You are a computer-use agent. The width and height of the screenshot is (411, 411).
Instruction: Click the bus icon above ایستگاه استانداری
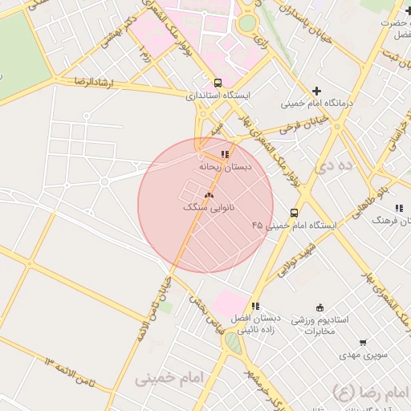pos(218,83)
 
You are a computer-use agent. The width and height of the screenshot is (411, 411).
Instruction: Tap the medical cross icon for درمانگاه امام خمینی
pos(318,91)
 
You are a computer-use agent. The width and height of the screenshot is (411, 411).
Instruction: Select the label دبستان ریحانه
pos(226,167)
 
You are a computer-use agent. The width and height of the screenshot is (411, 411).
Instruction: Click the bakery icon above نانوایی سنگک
pos(210,195)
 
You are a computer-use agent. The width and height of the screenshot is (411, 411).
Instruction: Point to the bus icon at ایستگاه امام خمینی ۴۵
pos(295,213)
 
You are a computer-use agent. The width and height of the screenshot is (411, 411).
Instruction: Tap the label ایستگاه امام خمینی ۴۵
pos(294,226)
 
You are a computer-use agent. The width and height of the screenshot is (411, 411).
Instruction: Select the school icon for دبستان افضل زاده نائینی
pos(255,306)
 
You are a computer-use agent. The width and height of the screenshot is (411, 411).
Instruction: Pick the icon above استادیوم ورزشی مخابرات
pos(320,307)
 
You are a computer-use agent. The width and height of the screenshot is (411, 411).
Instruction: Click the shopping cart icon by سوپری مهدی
pos(363,343)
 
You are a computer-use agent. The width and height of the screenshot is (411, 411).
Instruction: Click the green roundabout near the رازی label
pos(247,23)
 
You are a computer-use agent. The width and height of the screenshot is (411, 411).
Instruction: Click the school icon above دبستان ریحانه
pos(226,154)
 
